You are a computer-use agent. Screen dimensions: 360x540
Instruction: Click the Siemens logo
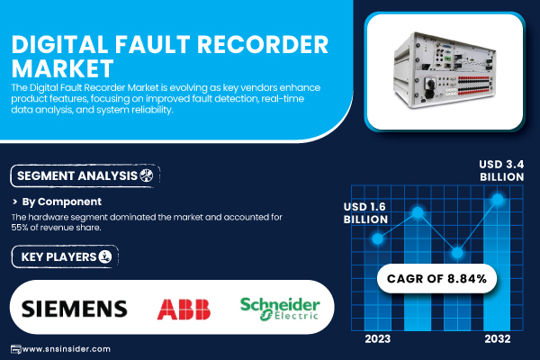(74, 309)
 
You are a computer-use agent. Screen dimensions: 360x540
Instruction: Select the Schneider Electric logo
(280, 309)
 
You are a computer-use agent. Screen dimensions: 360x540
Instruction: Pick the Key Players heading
(54, 258)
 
